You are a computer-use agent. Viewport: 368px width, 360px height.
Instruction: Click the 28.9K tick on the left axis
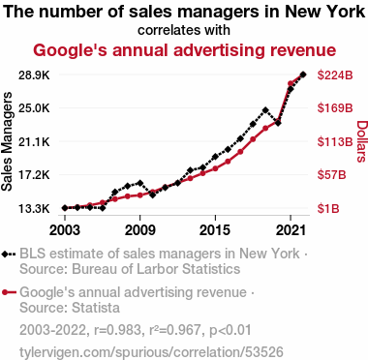click(34, 75)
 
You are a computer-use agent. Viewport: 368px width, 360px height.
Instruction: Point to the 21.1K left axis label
click(34, 141)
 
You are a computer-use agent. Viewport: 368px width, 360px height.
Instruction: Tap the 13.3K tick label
click(34, 209)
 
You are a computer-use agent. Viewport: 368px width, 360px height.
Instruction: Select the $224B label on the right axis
click(335, 75)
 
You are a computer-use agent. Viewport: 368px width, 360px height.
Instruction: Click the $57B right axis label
click(331, 175)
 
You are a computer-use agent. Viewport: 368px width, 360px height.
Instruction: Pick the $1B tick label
click(328, 209)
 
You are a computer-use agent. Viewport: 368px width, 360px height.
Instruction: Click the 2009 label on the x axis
click(140, 230)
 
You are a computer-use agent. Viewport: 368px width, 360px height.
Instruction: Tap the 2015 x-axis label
click(215, 230)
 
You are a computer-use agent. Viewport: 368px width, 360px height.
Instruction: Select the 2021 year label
click(291, 230)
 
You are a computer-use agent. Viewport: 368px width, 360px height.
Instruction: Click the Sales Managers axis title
click(7, 141)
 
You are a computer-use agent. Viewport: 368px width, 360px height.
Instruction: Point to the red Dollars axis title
click(362, 141)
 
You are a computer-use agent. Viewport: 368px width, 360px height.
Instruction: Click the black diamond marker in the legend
click(5, 254)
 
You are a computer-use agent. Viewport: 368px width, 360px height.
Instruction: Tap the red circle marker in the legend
click(5, 292)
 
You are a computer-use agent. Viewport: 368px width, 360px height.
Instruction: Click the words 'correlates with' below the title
click(184, 30)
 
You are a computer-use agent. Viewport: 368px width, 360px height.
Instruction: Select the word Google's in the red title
click(70, 50)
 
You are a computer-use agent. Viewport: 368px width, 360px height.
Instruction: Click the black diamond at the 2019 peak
click(265, 110)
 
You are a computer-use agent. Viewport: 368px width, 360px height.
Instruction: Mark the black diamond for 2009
click(139, 183)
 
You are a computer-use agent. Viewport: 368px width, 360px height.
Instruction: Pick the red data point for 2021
click(291, 83)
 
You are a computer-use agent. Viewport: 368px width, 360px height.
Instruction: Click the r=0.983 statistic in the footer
click(117, 330)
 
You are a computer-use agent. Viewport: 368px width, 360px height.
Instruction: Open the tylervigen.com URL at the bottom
click(151, 352)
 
